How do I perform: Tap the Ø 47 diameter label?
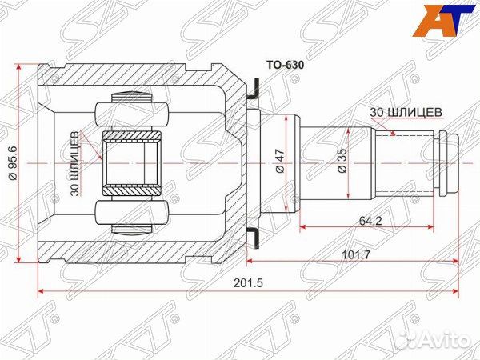click(x=280, y=162)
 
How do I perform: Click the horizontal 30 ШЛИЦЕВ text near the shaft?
click(x=405, y=112)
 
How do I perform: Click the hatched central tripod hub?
click(x=134, y=162)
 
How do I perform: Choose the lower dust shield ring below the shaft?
click(x=254, y=234)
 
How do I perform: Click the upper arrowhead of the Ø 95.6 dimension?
click(x=18, y=66)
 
